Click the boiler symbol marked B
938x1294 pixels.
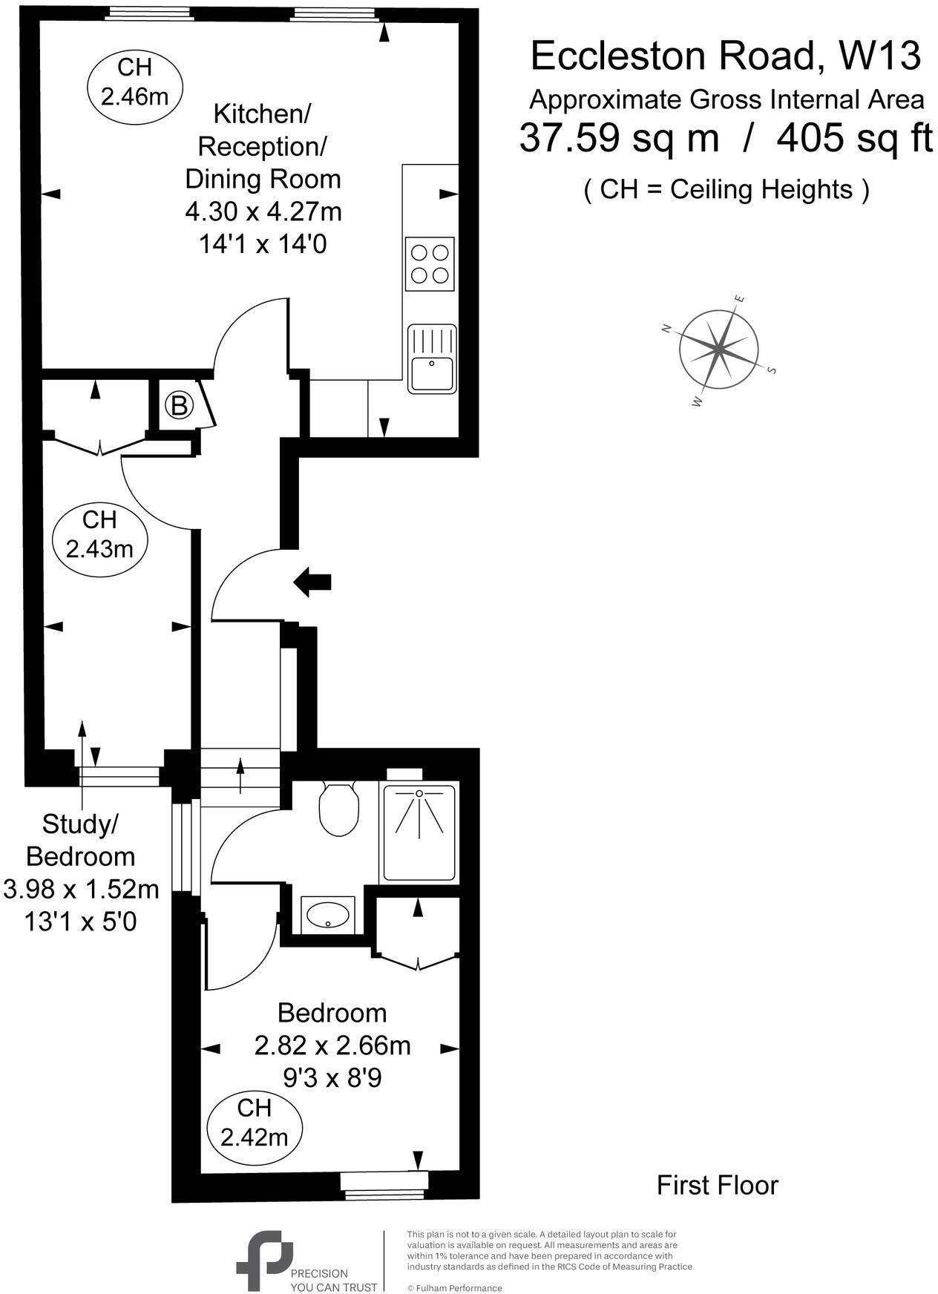click(x=178, y=406)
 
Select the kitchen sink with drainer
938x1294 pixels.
click(x=431, y=359)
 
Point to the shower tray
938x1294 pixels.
click(x=419, y=831)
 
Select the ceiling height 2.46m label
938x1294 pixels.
click(x=134, y=82)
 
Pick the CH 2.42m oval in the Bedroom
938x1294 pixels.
click(x=254, y=1123)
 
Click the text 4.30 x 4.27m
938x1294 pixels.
click(x=263, y=212)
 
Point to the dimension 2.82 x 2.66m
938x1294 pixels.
click(x=332, y=1045)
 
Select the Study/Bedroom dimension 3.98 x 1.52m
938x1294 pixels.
click(x=81, y=889)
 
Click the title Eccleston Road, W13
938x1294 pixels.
click(x=725, y=56)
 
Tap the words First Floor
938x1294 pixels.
click(x=717, y=1185)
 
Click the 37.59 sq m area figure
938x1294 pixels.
click(x=619, y=138)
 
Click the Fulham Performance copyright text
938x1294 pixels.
click(x=454, y=1288)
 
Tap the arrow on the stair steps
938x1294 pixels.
click(x=240, y=776)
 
